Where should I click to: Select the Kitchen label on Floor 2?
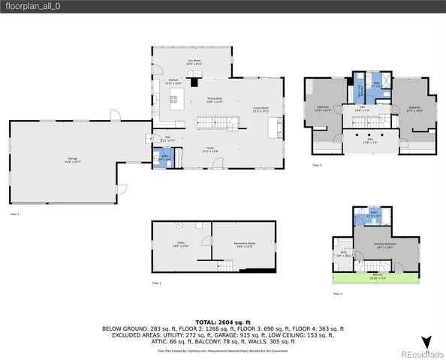[x=173, y=81]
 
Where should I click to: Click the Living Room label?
[x=261, y=109]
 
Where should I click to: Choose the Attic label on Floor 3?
[x=368, y=139]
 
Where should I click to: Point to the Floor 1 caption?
[x=157, y=283]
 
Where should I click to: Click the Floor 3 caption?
[x=316, y=165]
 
